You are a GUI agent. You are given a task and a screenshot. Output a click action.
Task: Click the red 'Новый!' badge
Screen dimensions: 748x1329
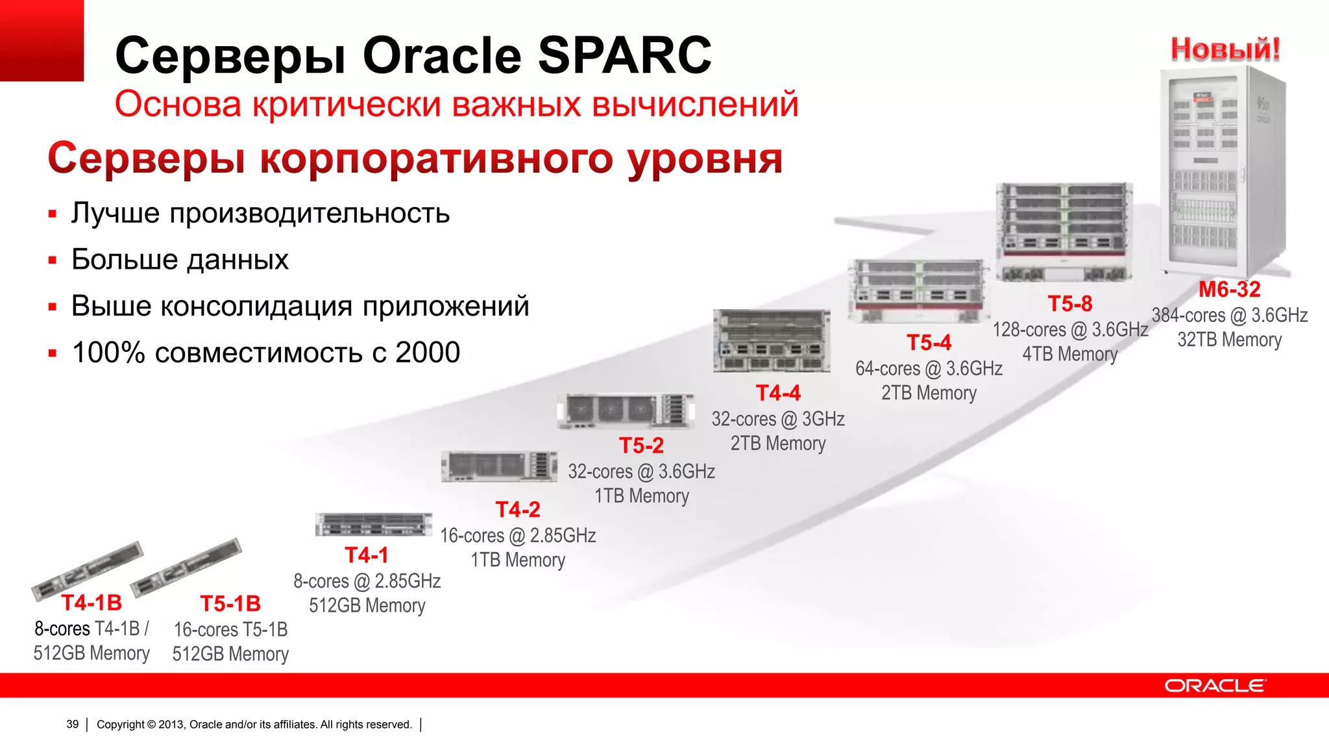pos(1225,49)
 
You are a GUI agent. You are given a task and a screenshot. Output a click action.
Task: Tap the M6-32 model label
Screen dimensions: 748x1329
pos(1229,289)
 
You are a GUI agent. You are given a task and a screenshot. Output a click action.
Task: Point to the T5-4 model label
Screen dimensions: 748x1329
pos(929,342)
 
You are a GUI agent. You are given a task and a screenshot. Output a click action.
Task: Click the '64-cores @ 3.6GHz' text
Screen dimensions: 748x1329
pos(929,368)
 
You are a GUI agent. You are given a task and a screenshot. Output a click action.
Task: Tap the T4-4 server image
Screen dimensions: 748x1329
pos(772,341)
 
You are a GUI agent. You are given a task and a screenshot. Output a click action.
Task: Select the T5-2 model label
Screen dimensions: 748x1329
pos(641,445)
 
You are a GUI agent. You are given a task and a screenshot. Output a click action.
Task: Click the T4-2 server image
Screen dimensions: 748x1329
pos(498,466)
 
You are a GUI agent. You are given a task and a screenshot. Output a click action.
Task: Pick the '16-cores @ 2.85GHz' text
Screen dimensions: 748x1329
pos(518,536)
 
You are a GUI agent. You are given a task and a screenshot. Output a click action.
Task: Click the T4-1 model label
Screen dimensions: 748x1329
pos(367,555)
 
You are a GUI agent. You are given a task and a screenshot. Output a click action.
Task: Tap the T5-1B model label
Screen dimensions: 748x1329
pos(230,604)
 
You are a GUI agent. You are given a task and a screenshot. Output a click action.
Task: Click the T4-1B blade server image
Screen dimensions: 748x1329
pos(87,569)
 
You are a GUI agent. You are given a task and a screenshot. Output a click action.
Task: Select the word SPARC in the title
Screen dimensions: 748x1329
pos(624,55)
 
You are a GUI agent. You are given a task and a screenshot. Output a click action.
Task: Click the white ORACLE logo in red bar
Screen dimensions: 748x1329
pos(1214,686)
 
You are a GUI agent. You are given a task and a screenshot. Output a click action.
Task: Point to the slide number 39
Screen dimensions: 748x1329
pos(72,724)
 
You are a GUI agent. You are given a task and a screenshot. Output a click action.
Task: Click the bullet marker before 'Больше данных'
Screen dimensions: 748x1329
pos(53,260)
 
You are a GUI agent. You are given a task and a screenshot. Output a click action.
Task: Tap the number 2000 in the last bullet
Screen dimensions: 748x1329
pos(428,353)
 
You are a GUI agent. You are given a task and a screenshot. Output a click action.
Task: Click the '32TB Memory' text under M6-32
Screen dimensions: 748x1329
pos(1229,340)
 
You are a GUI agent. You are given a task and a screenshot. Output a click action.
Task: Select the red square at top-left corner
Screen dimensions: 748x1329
pos(42,40)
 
